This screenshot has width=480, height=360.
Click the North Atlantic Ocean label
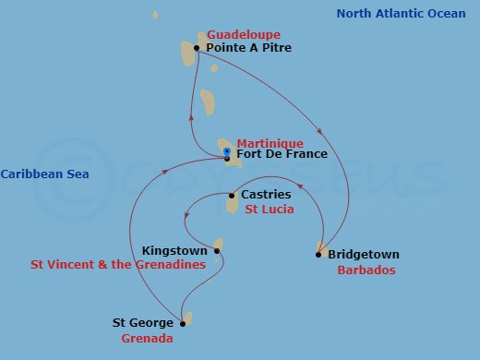(x=401, y=13)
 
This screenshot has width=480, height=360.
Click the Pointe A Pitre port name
(x=248, y=47)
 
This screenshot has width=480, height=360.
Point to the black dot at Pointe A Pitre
(x=197, y=47)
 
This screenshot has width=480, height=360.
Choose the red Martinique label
(x=270, y=143)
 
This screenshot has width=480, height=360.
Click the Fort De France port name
(x=282, y=154)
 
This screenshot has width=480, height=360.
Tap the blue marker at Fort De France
(x=227, y=151)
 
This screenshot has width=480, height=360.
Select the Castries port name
(x=265, y=195)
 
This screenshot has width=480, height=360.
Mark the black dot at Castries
(x=232, y=196)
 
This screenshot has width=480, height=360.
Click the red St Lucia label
(x=270, y=210)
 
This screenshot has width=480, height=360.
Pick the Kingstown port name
(x=175, y=250)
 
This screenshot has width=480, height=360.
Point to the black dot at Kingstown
(x=217, y=250)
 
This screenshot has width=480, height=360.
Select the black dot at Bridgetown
(x=320, y=254)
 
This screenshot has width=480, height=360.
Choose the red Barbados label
(x=366, y=270)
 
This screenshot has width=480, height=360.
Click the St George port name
(x=143, y=323)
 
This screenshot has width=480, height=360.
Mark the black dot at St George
(x=183, y=323)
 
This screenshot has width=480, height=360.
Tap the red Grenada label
(x=148, y=339)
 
